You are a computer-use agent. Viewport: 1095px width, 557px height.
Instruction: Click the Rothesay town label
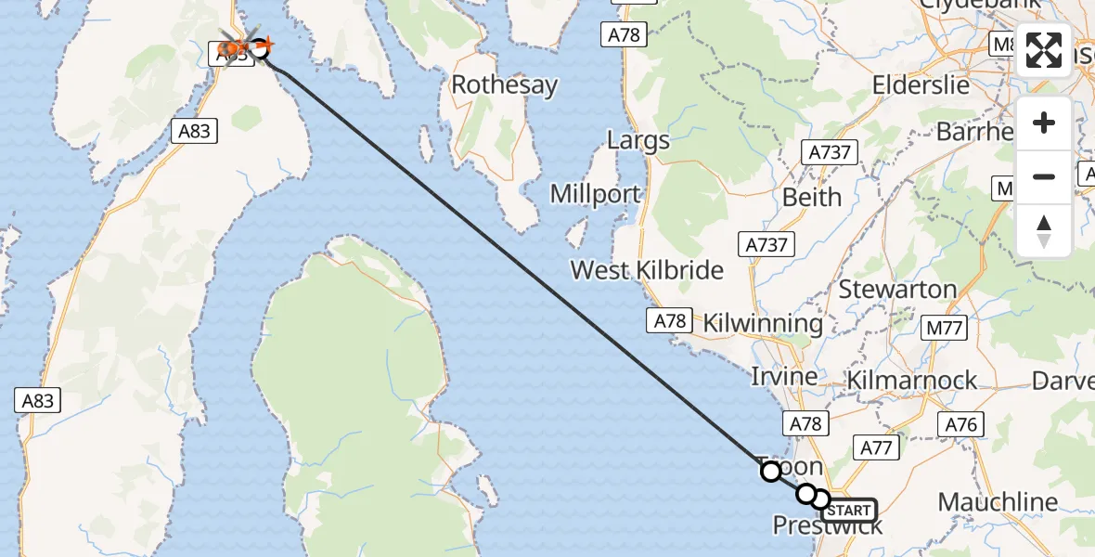504,85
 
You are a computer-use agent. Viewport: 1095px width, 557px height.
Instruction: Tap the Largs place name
638,140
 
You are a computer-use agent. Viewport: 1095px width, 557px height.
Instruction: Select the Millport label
595,194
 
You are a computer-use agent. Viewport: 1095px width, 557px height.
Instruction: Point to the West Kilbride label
647,270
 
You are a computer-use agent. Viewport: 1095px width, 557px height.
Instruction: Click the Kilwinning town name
763,323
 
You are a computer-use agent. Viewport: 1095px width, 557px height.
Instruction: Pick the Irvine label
784,377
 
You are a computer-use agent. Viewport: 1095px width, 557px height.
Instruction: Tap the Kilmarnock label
911,380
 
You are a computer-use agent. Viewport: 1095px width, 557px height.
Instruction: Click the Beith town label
812,197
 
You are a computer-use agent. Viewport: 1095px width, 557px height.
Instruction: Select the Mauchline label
998,502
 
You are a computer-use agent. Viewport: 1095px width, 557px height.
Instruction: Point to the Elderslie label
921,84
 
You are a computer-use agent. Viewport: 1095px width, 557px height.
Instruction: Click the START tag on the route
848,511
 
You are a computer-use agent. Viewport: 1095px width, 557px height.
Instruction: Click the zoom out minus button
1044,175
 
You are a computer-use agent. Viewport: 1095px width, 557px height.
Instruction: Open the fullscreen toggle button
1044,51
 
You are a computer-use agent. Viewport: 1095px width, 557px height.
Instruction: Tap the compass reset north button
1044,230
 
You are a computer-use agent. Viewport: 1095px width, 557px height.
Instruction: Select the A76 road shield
960,424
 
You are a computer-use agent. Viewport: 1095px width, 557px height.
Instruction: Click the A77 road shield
875,448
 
